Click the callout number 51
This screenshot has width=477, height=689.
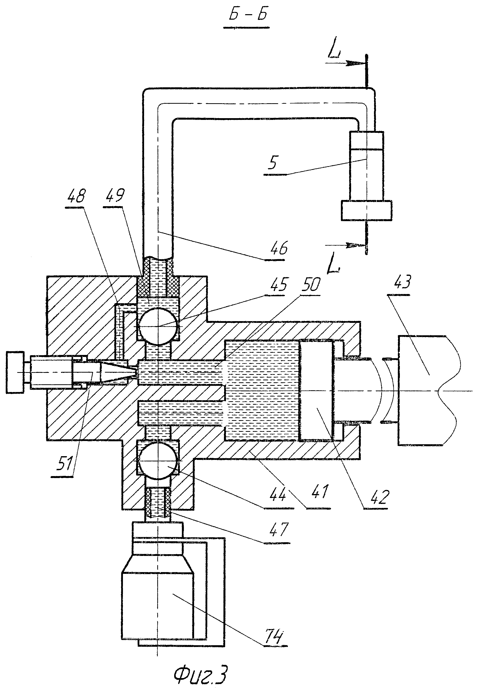click(x=64, y=465)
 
